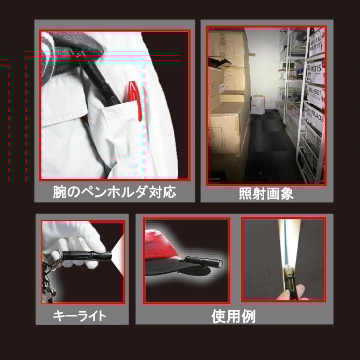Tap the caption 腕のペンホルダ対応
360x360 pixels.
click(115, 192)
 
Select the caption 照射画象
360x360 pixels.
click(266, 194)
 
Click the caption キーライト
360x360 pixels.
click(80, 315)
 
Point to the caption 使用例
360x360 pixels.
click(234, 316)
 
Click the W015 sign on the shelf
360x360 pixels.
click(316, 69)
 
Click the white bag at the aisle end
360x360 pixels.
click(258, 104)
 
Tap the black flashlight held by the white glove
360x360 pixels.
click(87, 255)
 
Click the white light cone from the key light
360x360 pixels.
click(118, 255)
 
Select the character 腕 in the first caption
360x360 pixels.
click(60, 192)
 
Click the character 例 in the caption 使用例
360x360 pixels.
click(249, 316)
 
